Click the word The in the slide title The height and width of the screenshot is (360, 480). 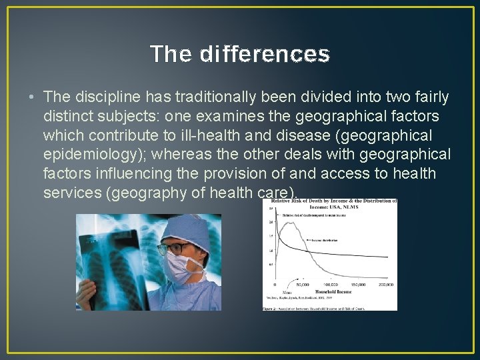point(171,54)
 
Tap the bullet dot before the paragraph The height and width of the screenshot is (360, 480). point(33,97)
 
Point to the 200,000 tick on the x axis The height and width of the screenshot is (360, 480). point(386,284)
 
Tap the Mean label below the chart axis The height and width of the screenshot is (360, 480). point(286,293)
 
